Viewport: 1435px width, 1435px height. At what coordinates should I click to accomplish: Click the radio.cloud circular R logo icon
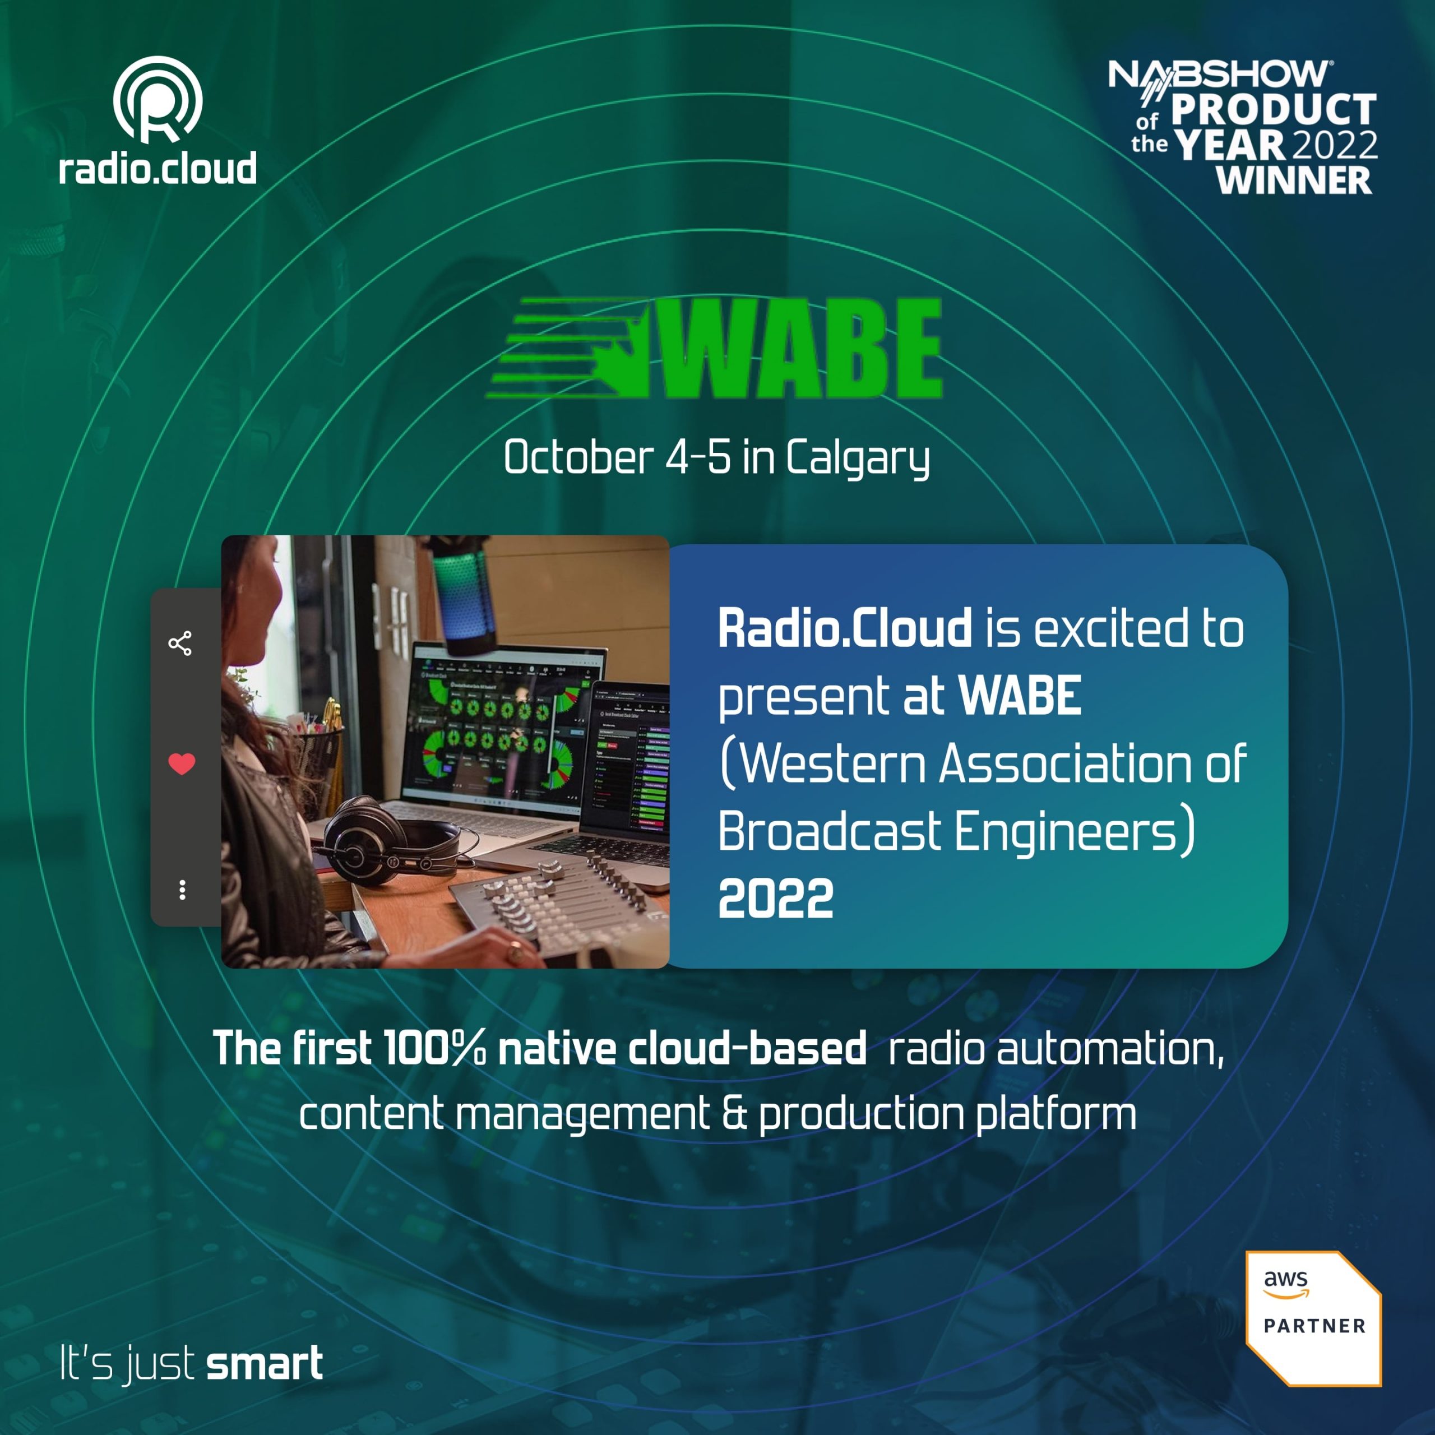(158, 100)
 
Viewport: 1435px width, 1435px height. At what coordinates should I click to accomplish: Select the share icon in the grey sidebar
(180, 643)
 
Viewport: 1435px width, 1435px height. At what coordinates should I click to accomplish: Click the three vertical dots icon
(182, 890)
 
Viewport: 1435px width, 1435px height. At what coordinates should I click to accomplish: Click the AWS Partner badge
(1313, 1318)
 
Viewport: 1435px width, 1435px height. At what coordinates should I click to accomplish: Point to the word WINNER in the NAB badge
(1294, 180)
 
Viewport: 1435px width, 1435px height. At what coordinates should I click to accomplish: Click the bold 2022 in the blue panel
(775, 899)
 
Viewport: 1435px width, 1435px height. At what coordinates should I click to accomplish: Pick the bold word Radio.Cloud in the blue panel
(845, 628)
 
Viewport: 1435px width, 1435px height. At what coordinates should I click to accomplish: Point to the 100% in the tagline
(434, 1048)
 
